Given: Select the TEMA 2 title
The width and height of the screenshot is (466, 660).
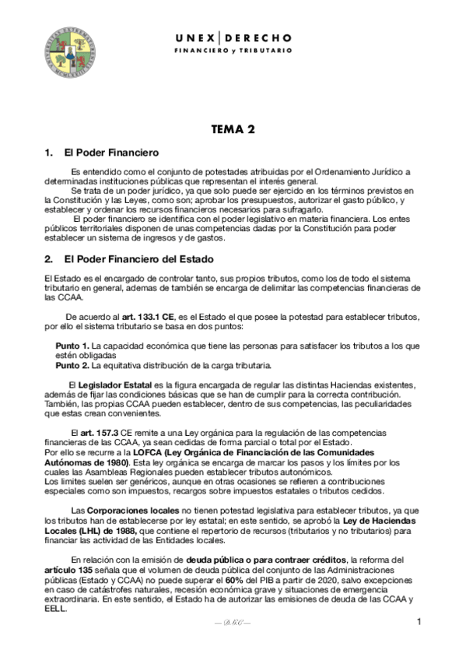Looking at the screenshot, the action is pyautogui.click(x=233, y=130).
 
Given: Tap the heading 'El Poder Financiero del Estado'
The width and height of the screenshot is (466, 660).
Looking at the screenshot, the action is pyautogui.click(x=138, y=258).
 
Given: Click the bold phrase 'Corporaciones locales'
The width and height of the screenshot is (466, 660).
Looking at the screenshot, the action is pyautogui.click(x=123, y=510).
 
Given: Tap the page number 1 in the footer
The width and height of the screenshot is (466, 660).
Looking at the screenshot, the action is pyautogui.click(x=418, y=622).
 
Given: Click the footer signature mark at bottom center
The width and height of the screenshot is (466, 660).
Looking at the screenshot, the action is pyautogui.click(x=233, y=624).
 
